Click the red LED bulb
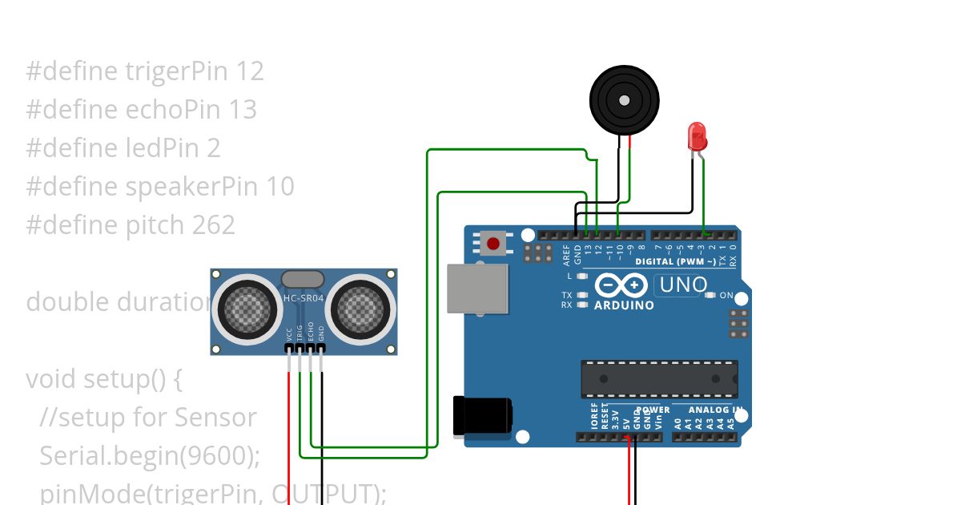(x=697, y=136)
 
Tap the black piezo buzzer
(x=624, y=99)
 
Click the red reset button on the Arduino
(x=493, y=243)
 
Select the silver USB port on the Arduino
(x=477, y=289)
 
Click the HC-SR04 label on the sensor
(x=304, y=299)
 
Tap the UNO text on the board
(x=681, y=285)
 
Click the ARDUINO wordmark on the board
(x=624, y=305)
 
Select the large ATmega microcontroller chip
(x=658, y=379)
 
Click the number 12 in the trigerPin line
(x=250, y=71)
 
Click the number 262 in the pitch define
(x=213, y=225)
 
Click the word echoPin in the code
(x=173, y=110)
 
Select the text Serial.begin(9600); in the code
(x=151, y=455)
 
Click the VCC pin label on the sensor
(x=289, y=333)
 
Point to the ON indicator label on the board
(x=726, y=296)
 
